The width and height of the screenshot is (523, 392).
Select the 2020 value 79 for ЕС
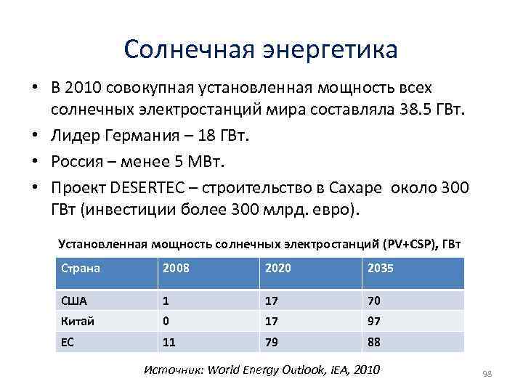(x=272, y=341)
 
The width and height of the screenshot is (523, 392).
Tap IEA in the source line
(x=338, y=369)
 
